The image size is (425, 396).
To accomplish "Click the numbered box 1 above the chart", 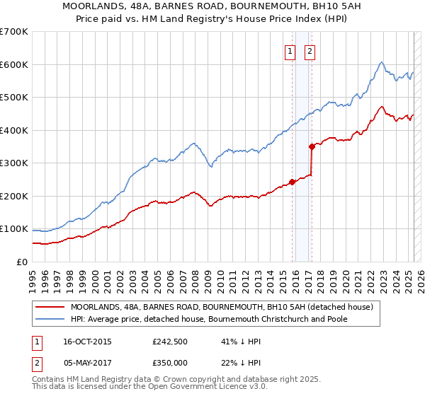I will (x=290, y=50).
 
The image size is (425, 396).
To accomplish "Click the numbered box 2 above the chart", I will (x=310, y=50).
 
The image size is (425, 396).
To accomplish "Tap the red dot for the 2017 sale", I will (x=312, y=147).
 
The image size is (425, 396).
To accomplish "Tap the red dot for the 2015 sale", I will (x=292, y=182).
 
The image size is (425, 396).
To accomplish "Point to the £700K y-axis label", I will (x=14, y=32).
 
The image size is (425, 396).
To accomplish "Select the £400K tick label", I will (x=14, y=130).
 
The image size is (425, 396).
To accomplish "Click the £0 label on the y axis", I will (x=23, y=262).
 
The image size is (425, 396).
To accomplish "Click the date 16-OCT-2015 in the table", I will (x=87, y=342).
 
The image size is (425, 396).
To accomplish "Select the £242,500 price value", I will (x=171, y=342).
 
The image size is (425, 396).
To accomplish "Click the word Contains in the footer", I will (x=49, y=379).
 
